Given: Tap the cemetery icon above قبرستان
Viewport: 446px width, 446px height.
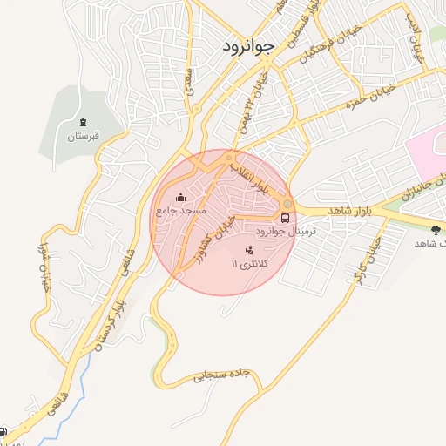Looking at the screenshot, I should (83, 121).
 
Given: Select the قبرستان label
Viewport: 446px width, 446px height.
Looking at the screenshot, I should (84, 136).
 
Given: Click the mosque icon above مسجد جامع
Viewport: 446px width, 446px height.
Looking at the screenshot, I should (180, 197).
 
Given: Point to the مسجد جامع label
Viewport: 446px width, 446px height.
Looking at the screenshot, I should (181, 211).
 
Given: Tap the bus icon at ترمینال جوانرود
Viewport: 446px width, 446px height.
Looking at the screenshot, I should (286, 218).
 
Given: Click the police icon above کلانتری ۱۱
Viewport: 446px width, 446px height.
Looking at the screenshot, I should (238, 250).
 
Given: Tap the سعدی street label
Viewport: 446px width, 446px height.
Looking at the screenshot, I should (189, 82).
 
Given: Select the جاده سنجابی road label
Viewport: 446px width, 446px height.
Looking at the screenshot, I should (221, 375).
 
